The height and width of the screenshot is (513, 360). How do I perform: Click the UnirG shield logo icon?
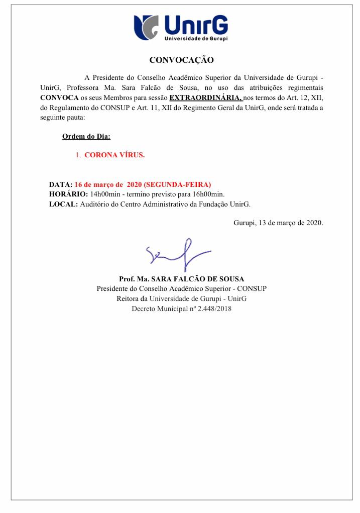147,27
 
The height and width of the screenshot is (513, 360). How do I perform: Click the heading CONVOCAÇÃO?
181,60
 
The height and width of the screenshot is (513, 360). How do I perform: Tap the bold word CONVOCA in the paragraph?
59,97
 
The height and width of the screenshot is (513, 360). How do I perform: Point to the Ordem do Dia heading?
82,136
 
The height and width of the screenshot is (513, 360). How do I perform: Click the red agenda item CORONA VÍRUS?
114,155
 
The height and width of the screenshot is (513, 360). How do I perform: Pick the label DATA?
61,184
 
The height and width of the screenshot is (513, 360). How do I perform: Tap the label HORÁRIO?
68,194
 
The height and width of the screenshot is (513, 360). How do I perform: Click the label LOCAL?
63,204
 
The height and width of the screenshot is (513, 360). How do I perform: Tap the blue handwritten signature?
176,253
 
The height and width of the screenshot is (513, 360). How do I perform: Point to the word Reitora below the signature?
127,298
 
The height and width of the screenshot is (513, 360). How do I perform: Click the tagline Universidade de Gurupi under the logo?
196,38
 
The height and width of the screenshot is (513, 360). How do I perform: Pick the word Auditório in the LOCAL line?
95,204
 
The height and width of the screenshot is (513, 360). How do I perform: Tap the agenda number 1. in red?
78,155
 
